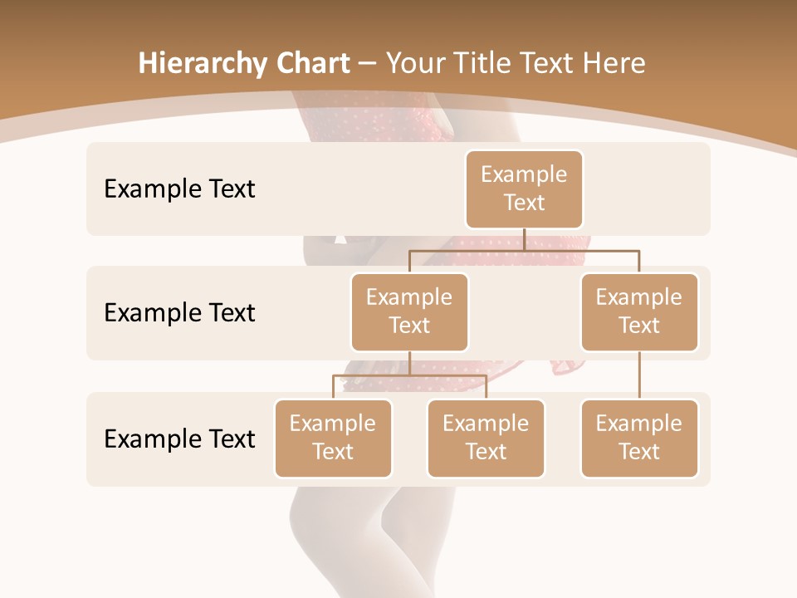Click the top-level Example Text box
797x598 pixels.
524,189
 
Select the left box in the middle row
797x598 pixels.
409,311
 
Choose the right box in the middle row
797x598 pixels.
639,311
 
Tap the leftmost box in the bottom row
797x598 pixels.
333,438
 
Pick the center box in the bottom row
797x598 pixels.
486,438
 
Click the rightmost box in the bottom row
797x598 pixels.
639,438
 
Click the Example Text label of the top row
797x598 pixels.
179,189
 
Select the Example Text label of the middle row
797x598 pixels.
179,313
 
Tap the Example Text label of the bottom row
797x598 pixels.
179,439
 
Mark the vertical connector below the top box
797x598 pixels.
524,239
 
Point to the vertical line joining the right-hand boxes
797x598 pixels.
639,375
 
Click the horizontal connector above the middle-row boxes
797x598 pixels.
524,249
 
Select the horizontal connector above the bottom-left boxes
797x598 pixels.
409,375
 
